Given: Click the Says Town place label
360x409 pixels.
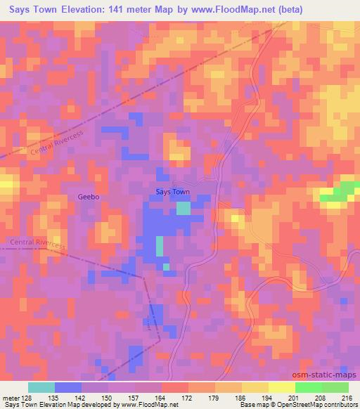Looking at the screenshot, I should point(172,191).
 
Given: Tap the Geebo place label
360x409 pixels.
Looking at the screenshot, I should point(89,197).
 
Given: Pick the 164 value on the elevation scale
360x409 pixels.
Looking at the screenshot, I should point(160,397).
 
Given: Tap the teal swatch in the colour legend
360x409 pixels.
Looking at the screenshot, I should point(41,387).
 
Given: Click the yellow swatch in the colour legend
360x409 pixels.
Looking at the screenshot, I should point(255,387).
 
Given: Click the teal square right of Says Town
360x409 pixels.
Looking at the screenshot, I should point(183,207).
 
